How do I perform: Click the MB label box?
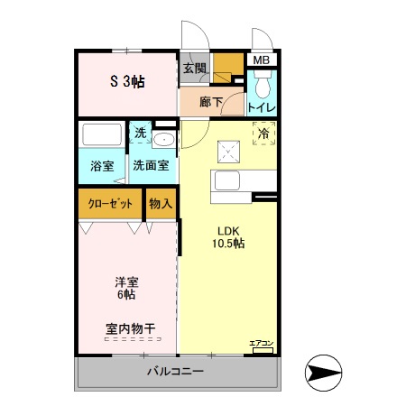[261, 60]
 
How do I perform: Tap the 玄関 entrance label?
[195, 68]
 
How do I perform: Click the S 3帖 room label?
[127, 82]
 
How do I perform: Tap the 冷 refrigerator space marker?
[263, 134]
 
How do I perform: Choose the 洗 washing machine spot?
[140, 134]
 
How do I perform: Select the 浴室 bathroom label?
[101, 165]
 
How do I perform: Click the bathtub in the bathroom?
[101, 135]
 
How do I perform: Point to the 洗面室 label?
[151, 165]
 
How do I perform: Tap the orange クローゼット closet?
[110, 204]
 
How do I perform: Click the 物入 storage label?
[161, 204]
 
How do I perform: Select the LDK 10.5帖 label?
[229, 235]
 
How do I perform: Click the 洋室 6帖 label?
[125, 287]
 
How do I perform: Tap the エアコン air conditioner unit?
[262, 347]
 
